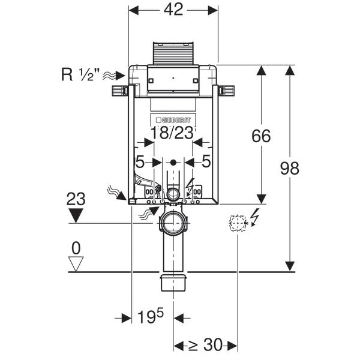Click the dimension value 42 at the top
(174, 10)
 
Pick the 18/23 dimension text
(173, 133)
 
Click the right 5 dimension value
(206, 161)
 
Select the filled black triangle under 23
(76, 214)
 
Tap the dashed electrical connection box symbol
(238, 223)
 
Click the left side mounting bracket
(121, 91)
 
